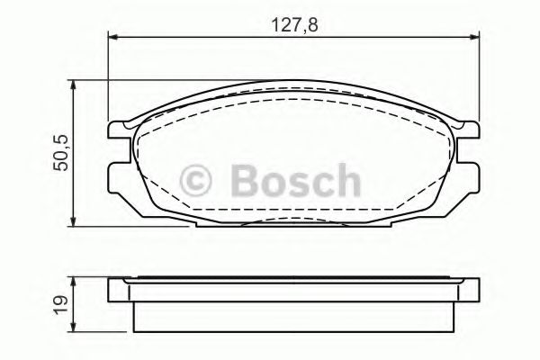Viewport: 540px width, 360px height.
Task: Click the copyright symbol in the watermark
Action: click(x=197, y=181)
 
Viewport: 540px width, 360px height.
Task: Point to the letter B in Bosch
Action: click(x=238, y=181)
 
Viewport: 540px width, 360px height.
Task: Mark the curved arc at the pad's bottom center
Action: click(x=292, y=220)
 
